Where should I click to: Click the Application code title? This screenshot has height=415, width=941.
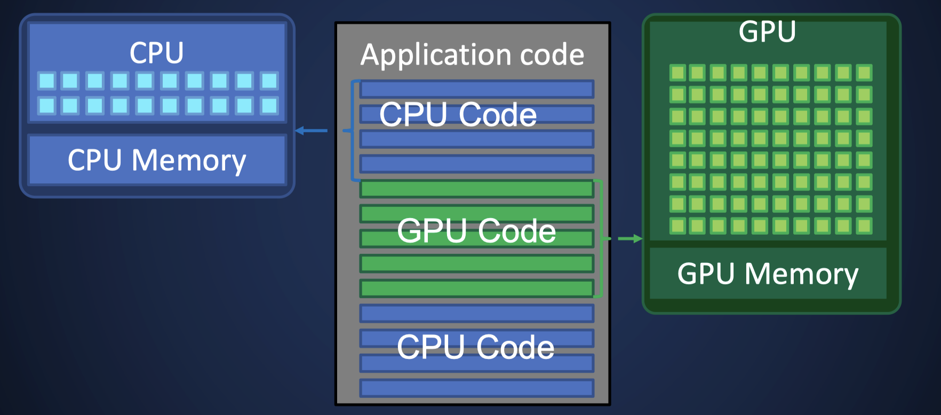472,55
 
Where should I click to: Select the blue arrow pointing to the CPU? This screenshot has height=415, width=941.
312,130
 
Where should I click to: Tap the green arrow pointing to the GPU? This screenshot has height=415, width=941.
629,238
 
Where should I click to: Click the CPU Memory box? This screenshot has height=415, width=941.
157,160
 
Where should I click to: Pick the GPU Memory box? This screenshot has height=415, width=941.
768,274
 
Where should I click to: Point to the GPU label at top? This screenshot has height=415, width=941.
767,32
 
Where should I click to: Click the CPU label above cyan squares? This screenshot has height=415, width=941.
157,53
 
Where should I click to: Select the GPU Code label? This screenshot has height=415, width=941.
476,231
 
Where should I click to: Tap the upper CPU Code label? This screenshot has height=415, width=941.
458,114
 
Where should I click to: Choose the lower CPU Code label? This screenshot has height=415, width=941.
475,347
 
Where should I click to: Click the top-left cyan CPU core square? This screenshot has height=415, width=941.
47,81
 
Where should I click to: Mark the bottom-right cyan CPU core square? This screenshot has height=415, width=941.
269,106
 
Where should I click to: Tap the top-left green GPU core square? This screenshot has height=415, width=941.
677,73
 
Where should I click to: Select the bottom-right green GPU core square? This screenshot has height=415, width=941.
864,226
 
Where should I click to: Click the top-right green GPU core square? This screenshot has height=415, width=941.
864,73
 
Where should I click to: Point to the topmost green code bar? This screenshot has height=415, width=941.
476,189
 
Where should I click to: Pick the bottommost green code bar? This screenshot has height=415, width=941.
476,289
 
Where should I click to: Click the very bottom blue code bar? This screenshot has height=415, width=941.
476,388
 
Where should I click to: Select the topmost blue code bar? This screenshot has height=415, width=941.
476,89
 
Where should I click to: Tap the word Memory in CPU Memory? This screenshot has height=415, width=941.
189,160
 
